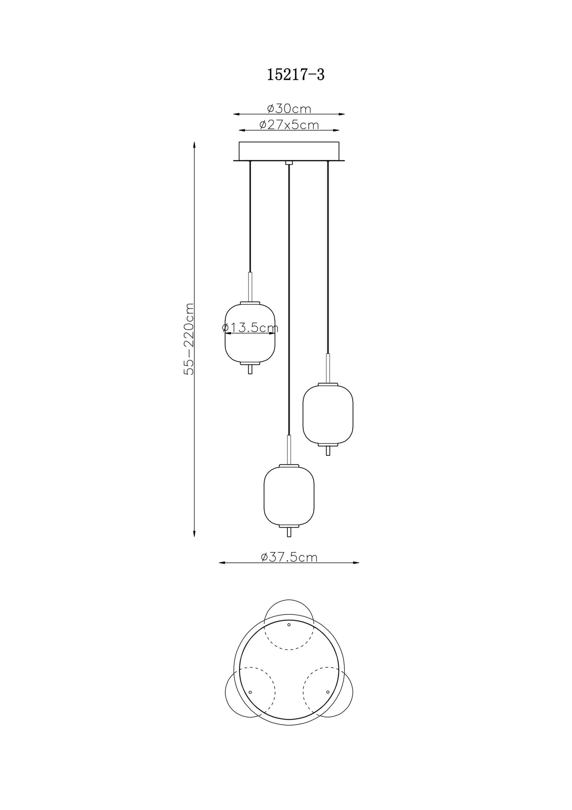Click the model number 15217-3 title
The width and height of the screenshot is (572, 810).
[295, 74]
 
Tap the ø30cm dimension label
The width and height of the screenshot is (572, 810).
[289, 108]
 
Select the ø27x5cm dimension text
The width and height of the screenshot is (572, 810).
[289, 125]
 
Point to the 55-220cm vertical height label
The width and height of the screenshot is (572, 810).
[189, 339]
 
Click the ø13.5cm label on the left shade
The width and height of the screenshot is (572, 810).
[250, 328]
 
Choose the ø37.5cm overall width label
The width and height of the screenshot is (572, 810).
[289, 557]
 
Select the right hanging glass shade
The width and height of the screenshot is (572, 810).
[328, 414]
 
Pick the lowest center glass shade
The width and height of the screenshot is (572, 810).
[289, 495]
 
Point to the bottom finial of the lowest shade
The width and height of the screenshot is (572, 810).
[289, 532]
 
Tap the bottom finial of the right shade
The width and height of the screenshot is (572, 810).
[328, 451]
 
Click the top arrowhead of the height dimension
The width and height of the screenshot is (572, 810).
[194, 145]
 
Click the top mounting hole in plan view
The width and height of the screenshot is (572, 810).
[289, 636]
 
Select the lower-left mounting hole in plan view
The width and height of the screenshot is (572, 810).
[250, 703]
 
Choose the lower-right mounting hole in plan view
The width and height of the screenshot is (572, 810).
[328, 703]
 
